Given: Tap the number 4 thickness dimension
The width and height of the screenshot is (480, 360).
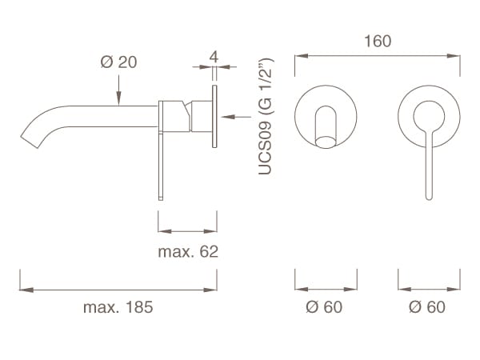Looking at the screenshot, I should click(214, 58).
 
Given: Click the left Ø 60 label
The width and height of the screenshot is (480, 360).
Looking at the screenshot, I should click(323, 307).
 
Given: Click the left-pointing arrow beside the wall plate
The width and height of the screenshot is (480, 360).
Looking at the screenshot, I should click(236, 118).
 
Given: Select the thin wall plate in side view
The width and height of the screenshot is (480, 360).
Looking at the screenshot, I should click(214, 118).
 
